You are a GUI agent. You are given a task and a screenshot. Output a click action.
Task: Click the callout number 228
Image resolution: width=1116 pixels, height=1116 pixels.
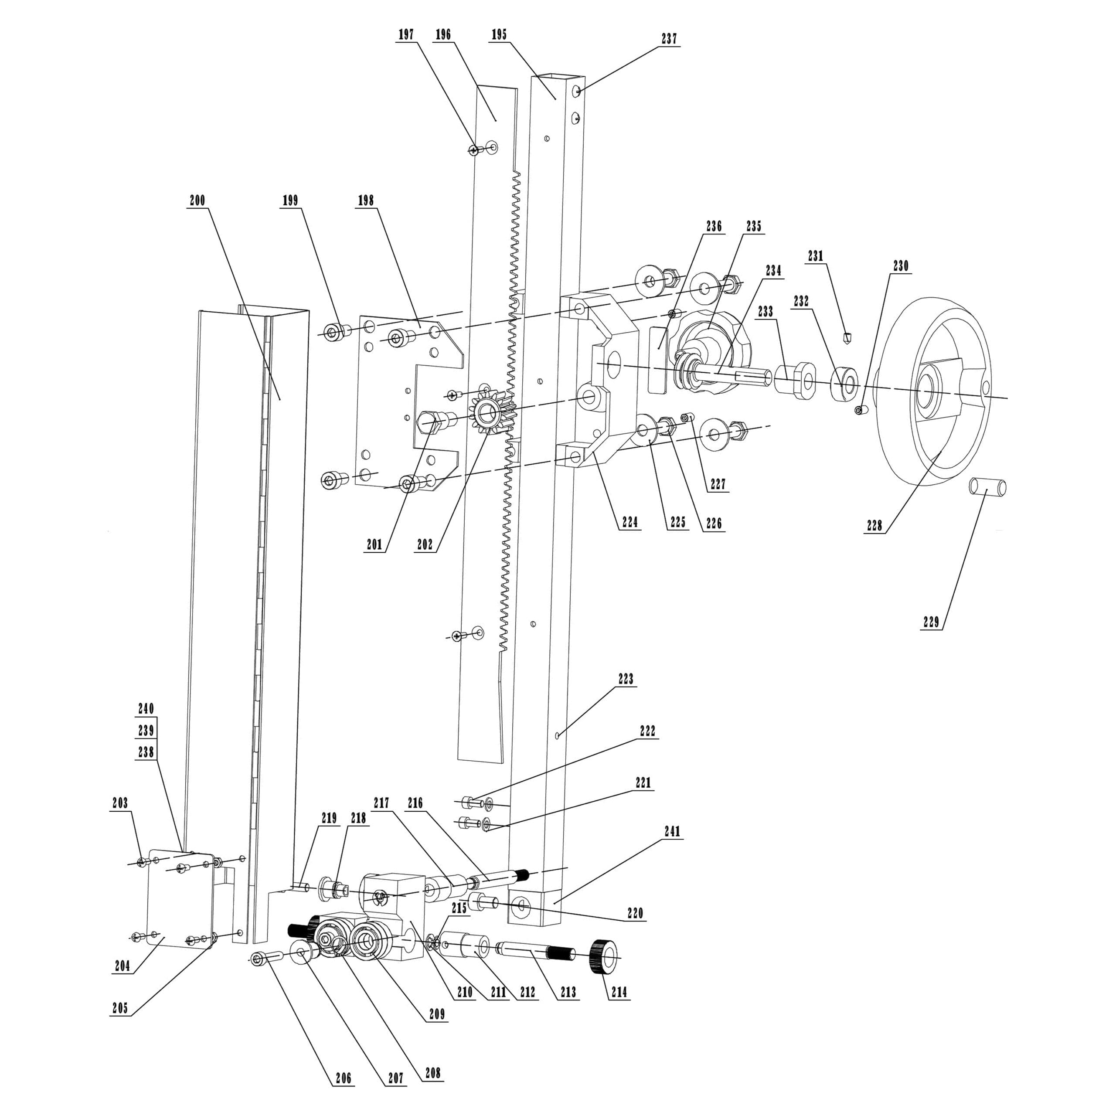(874, 525)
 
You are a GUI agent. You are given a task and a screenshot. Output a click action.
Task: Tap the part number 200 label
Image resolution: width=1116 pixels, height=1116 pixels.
(197, 201)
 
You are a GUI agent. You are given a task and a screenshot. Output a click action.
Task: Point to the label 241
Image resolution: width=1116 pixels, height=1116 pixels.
(672, 831)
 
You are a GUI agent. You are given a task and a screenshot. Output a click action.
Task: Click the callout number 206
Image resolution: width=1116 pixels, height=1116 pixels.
(343, 1078)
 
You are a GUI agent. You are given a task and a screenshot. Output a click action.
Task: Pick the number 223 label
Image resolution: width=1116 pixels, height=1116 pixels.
(626, 679)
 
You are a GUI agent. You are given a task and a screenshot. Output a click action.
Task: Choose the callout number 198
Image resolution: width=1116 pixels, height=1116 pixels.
(366, 201)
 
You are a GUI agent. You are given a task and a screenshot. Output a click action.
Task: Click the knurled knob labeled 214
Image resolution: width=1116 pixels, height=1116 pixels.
(603, 957)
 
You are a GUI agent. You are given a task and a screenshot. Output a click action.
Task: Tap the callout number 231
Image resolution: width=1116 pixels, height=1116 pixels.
(816, 256)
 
